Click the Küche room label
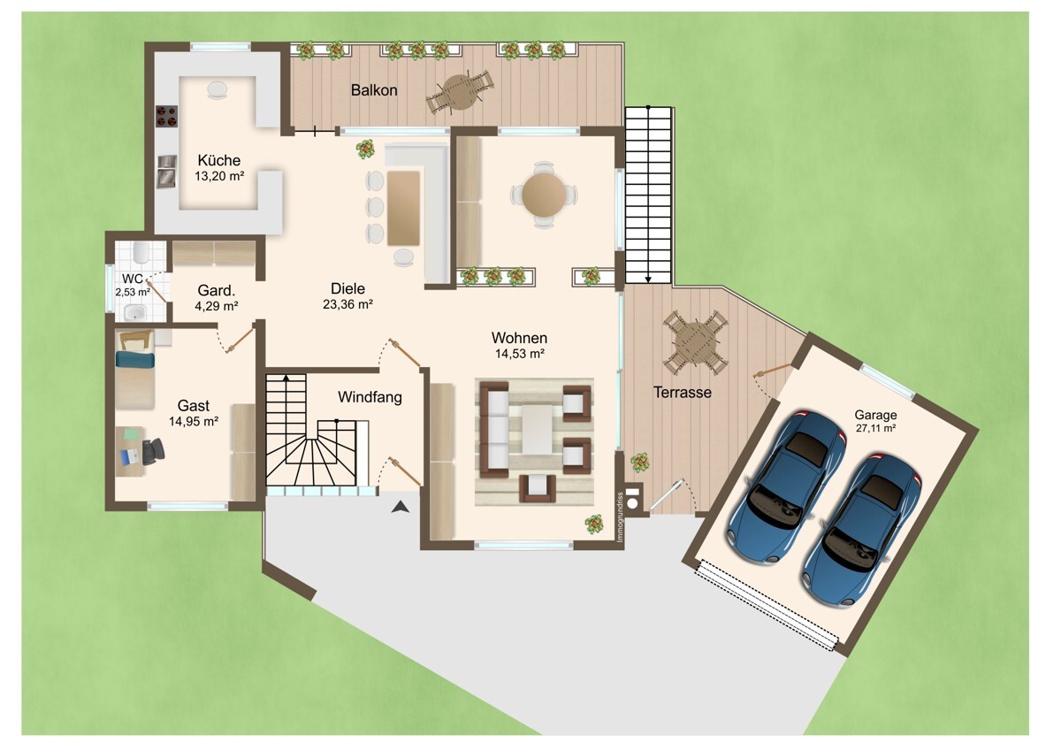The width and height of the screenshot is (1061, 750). [219, 160]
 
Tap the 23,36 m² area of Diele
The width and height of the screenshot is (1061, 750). [347, 304]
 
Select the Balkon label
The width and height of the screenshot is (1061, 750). [374, 90]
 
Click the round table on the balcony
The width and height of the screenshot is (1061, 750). [460, 92]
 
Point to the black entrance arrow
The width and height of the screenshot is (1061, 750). [401, 507]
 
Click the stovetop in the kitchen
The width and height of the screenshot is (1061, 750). [167, 116]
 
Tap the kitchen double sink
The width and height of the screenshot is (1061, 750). [167, 171]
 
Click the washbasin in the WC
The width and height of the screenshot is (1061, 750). [135, 312]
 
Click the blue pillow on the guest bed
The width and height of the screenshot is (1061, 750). [135, 359]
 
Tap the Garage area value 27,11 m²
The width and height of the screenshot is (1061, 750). [875, 428]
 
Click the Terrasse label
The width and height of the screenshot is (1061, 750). [682, 393]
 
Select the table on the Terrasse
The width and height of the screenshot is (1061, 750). [696, 342]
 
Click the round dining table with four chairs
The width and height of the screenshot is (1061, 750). [544, 195]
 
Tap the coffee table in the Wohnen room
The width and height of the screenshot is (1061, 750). [538, 429]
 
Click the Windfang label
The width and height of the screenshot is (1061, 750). [370, 397]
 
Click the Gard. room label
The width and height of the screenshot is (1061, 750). [216, 290]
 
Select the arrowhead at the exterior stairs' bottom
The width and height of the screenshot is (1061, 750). [648, 279]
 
